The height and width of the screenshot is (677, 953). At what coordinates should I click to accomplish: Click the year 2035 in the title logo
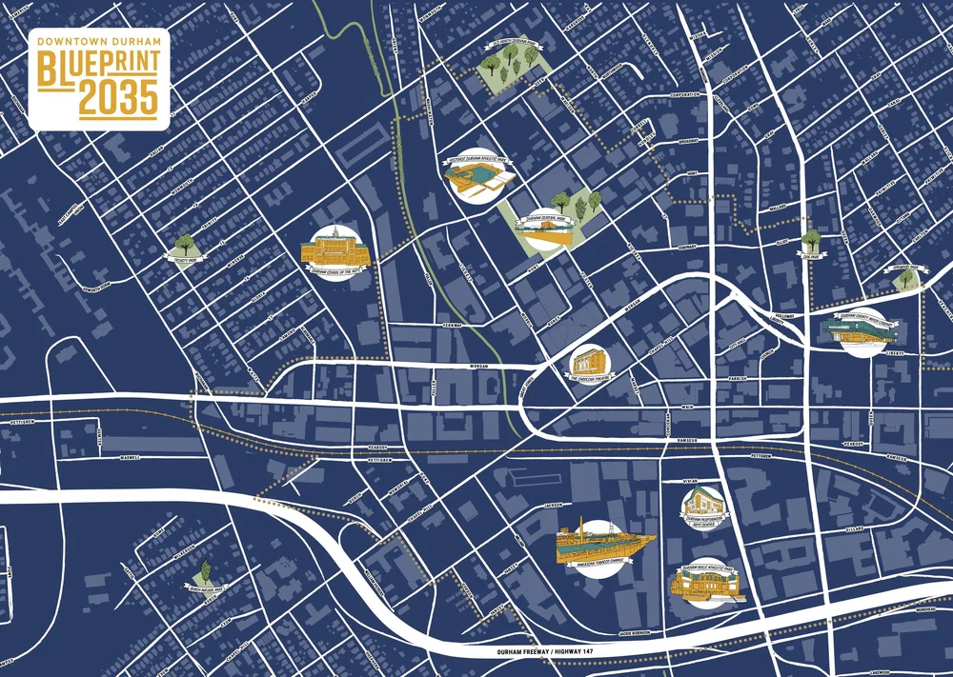118,98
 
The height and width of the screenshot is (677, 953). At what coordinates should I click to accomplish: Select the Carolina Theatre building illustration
587,361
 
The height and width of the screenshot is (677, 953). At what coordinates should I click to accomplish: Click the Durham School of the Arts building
335,249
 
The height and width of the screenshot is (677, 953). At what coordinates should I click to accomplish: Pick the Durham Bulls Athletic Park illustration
708,583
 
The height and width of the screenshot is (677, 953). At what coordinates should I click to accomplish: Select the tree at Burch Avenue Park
204,574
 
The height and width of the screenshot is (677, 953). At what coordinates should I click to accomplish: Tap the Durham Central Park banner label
540,219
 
